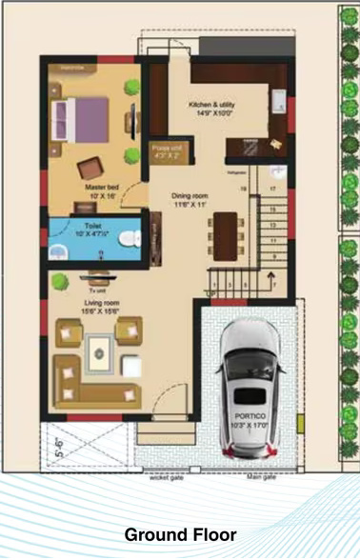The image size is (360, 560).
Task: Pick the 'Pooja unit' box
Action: (171, 151)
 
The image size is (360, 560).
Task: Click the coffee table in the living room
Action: (99, 354)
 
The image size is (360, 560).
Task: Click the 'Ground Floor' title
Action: (180, 535)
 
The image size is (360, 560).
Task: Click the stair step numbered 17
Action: (274, 190)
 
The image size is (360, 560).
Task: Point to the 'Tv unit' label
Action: (96, 290)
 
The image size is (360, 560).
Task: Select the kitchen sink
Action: (278, 103)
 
